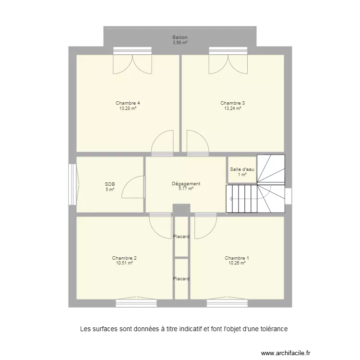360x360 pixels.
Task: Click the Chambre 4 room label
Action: (x=128, y=103)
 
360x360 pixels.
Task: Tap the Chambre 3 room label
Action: (x=233, y=103)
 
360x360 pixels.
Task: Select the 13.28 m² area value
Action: (x=128, y=108)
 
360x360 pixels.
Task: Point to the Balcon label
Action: (x=180, y=37)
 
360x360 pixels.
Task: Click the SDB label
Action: (x=110, y=184)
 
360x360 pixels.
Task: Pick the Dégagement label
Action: (x=186, y=184)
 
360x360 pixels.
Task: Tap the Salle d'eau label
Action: (x=242, y=169)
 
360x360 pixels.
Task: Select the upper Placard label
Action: (x=181, y=237)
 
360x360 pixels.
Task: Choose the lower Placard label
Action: (x=181, y=279)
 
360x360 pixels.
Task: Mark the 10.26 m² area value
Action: (x=237, y=263)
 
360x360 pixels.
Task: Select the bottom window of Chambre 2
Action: (x=136, y=303)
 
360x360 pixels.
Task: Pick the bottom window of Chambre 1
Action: (x=227, y=303)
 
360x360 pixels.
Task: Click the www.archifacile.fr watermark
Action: (x=286, y=352)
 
